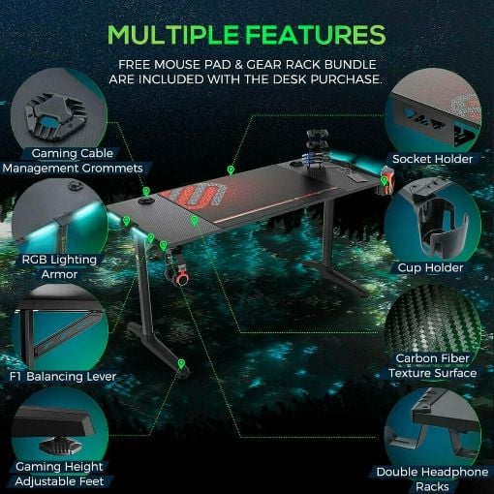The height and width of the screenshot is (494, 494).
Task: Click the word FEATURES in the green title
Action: [x=318, y=34]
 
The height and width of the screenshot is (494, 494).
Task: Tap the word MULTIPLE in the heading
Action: [x=173, y=34]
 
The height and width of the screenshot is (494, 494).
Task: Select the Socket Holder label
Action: [x=432, y=159]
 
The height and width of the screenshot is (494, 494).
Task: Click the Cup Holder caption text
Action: [x=430, y=267]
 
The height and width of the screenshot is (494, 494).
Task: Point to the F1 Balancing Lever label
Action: [x=63, y=377]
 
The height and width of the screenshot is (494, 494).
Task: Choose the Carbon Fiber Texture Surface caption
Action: [x=433, y=365]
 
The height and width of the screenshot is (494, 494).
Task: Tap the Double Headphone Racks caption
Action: [x=432, y=479]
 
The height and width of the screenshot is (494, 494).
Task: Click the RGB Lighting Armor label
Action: [x=59, y=267]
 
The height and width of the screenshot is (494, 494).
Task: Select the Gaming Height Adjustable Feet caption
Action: [x=59, y=474]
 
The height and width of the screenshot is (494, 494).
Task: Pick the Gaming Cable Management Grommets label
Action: [x=73, y=161]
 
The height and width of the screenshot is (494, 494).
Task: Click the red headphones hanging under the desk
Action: [x=178, y=274]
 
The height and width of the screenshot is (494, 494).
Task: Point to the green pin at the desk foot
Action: [x=181, y=364]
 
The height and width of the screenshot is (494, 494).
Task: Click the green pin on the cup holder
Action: [x=384, y=181]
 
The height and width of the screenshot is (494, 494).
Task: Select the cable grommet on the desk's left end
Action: [x=146, y=201]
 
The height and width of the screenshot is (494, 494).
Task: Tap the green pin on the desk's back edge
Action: [x=231, y=170]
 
